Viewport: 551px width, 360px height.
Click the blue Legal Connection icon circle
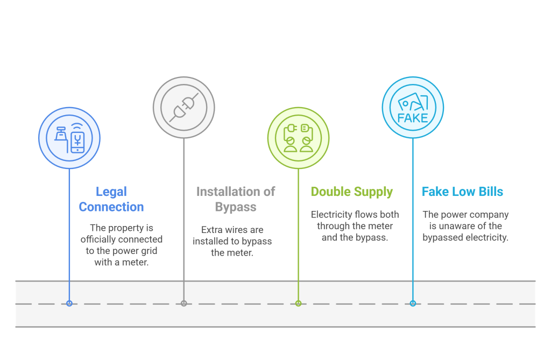tap(69, 138)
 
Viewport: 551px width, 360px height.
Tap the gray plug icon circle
tap(184, 107)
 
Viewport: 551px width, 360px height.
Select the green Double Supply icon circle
tap(299, 138)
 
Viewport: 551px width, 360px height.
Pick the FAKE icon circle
tap(413, 107)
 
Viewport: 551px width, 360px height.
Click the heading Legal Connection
tap(111, 199)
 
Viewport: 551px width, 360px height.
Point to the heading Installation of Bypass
tap(236, 199)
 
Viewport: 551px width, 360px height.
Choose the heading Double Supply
tap(352, 192)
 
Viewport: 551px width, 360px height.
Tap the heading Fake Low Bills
tap(463, 192)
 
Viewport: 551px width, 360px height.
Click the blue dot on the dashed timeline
tap(69, 303)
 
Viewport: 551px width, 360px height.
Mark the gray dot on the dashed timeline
tap(184, 303)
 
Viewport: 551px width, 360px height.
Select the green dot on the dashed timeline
tap(299, 303)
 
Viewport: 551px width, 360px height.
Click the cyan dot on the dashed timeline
tap(413, 303)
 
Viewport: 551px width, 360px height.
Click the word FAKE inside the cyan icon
tap(413, 117)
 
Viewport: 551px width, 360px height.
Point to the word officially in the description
tap(100, 239)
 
